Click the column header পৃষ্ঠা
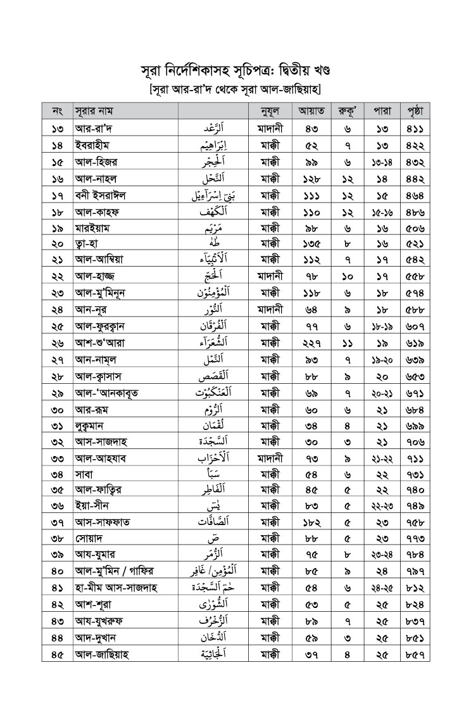415,111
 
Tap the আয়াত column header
311,111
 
